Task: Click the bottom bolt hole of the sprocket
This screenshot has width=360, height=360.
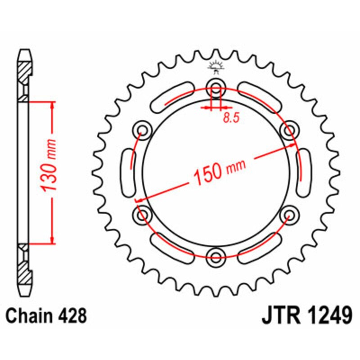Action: tap(216, 257)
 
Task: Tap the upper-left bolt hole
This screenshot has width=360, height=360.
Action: tap(143, 130)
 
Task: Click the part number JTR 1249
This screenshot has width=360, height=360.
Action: tap(306, 316)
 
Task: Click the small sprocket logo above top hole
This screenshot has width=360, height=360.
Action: tap(216, 67)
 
